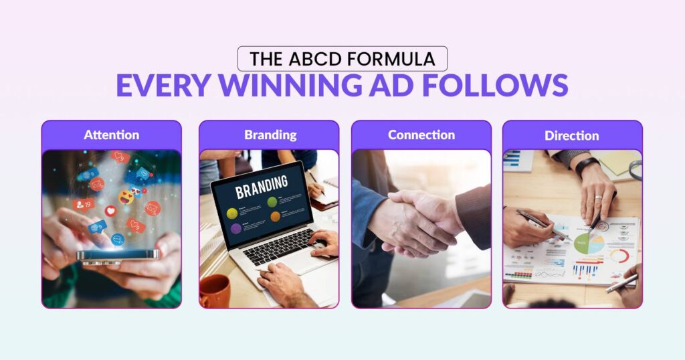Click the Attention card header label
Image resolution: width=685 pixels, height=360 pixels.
111,134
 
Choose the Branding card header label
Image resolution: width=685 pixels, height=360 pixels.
270,134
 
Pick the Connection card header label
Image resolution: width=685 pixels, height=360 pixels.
421,134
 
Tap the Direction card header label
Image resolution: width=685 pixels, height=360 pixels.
572,135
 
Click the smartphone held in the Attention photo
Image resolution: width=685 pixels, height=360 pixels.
118,255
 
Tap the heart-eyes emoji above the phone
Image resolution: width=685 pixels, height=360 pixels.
126,197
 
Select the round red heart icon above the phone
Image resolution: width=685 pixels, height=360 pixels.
110,210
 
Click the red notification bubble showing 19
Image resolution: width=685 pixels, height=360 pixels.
84,204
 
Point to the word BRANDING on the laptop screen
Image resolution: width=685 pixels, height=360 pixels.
262,187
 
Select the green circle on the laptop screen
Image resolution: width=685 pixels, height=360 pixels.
272,201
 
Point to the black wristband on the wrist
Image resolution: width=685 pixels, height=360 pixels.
587,165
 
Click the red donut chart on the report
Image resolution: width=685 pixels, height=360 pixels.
619,256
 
